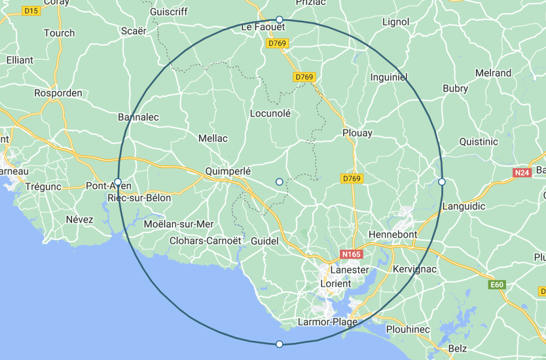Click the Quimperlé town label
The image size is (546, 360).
click(227, 172)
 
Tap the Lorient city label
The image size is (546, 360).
click(335, 284)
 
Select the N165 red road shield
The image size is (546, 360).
click(352, 254)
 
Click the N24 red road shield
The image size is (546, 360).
click(522, 173)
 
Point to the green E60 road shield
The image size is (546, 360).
click(497, 285)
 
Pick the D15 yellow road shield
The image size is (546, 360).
click(32, 11)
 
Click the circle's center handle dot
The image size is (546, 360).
click(279, 182)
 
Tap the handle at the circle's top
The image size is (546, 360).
click(279, 19)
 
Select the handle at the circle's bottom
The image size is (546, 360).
click(279, 344)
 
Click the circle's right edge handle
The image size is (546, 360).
click(441, 182)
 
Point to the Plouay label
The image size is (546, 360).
click(358, 133)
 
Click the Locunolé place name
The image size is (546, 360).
click(271, 114)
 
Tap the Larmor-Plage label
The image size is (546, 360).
click(323, 322)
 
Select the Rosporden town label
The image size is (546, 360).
click(58, 93)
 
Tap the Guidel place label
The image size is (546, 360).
click(265, 242)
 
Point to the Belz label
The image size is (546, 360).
click(457, 349)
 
